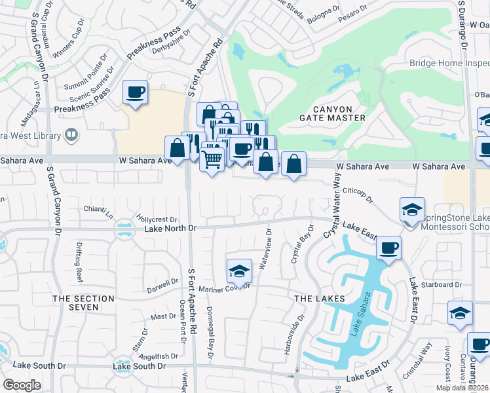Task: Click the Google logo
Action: tap(22, 385)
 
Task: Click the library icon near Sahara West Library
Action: tap(71, 135)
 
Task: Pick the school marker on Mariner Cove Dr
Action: tap(239, 271)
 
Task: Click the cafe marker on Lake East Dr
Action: tap(389, 248)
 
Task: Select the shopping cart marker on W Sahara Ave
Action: tap(212, 158)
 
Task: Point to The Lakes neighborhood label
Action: tap(320, 299)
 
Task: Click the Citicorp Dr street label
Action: tap(357, 195)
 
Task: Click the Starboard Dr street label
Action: tap(442, 285)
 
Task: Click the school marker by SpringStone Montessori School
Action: tap(412, 210)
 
